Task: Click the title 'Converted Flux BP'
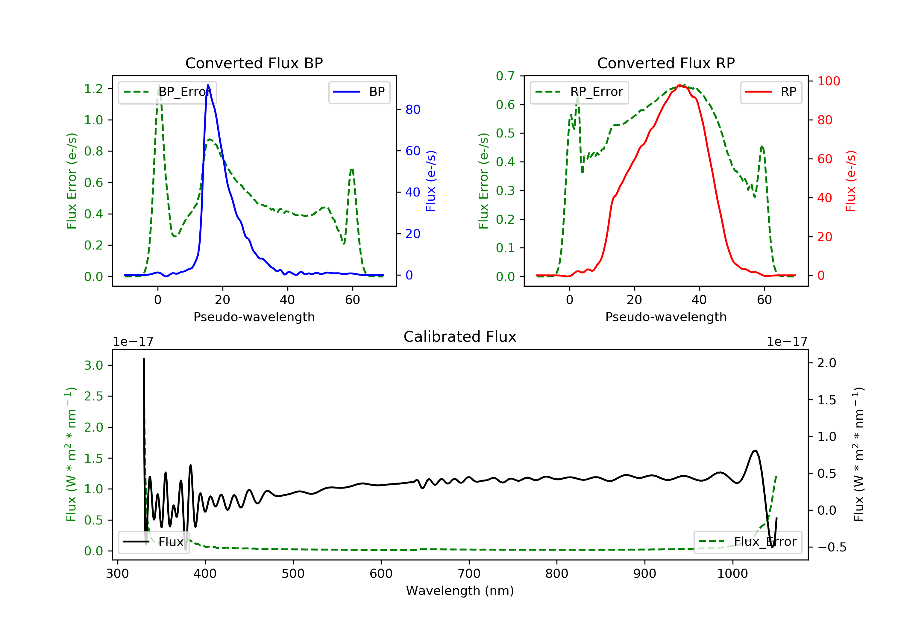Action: pyautogui.click(x=254, y=63)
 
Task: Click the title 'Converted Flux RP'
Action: pyautogui.click(x=666, y=63)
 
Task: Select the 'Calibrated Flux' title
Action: pyautogui.click(x=460, y=337)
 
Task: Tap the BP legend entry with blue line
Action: pyautogui.click(x=359, y=92)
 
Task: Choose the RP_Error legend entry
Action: pyautogui.click(x=579, y=92)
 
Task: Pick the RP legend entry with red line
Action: pyautogui.click(x=771, y=92)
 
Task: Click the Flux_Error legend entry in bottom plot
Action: pyautogui.click(x=747, y=542)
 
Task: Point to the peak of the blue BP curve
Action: pyautogui.click(x=208, y=85)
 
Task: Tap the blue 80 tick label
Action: pyautogui.click(x=413, y=110)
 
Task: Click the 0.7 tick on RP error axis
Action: pyautogui.click(x=505, y=76)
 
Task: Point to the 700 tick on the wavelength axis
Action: pyautogui.click(x=469, y=574)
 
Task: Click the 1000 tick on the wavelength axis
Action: pyautogui.click(x=732, y=574)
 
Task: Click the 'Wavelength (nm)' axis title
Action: pyautogui.click(x=460, y=591)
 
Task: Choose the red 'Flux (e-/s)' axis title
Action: pyautogui.click(x=851, y=181)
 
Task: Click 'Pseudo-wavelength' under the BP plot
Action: pyautogui.click(x=254, y=317)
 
